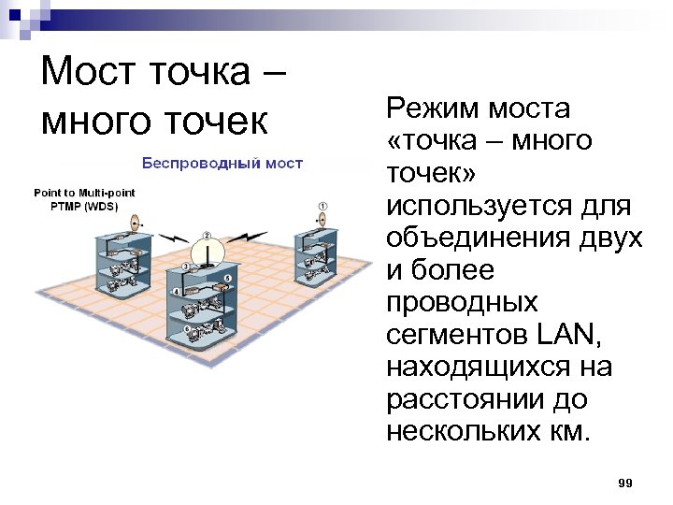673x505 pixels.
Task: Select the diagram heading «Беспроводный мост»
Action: point(222,164)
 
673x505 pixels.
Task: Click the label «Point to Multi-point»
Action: point(84,193)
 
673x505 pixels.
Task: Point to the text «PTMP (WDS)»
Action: point(84,206)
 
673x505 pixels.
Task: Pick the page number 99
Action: point(625,483)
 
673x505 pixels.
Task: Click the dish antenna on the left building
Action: point(134,224)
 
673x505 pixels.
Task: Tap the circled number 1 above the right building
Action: point(323,205)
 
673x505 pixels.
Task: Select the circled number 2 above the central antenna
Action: point(207,236)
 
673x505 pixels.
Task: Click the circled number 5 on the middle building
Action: point(228,280)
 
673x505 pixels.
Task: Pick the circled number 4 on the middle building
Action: point(176,292)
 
